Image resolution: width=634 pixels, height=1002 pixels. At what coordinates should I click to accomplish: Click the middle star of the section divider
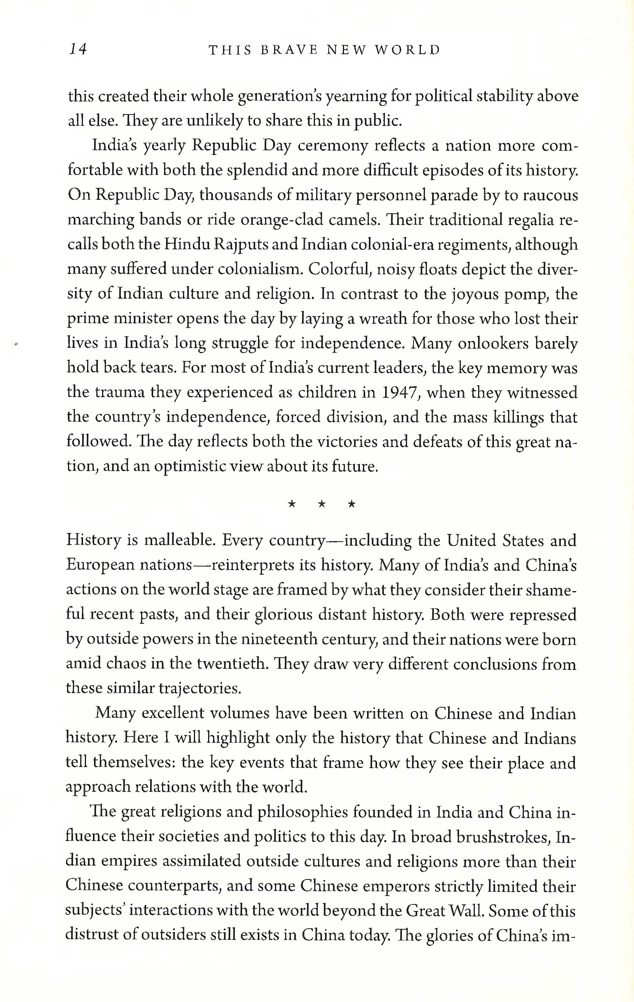[x=321, y=504]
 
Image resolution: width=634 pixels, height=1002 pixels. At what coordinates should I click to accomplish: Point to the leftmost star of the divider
[x=292, y=504]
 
